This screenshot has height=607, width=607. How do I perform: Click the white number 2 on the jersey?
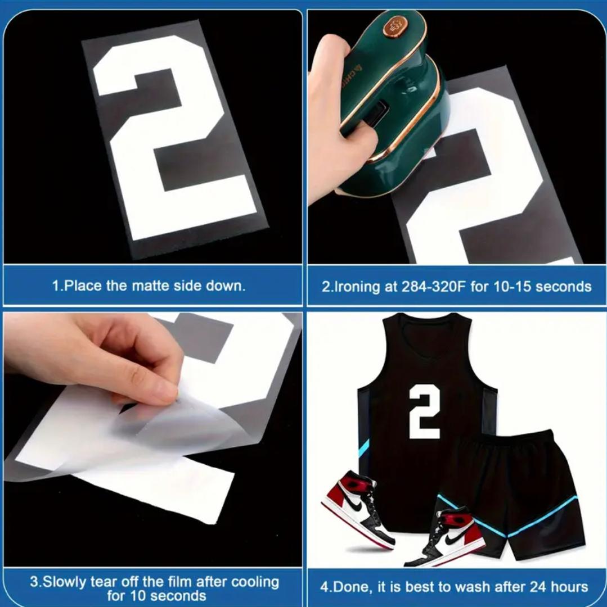425,411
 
